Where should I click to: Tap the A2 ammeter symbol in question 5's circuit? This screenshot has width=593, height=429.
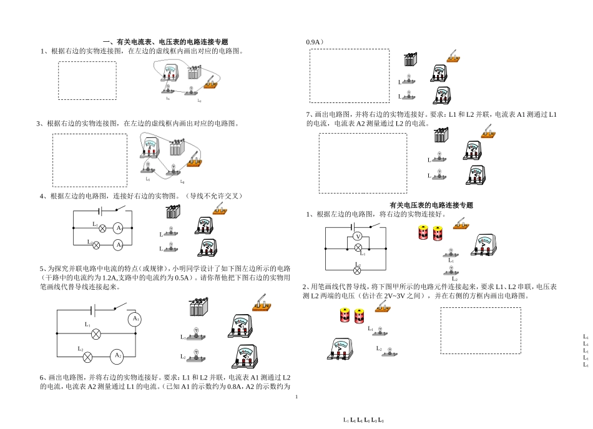[x=117, y=356]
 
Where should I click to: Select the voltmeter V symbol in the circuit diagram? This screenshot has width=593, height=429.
[x=358, y=237]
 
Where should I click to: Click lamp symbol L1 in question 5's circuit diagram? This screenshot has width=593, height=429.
[x=96, y=334]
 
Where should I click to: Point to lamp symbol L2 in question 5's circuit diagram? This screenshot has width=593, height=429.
[x=88, y=357]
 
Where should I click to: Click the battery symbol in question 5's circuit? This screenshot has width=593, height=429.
[x=94, y=310]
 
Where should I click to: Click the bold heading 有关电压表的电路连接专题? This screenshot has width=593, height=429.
[x=431, y=205]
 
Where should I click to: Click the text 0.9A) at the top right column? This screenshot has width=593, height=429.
[x=315, y=42]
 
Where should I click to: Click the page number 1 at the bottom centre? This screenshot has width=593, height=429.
[x=296, y=397]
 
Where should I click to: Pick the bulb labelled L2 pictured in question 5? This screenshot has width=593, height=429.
[x=197, y=355]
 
